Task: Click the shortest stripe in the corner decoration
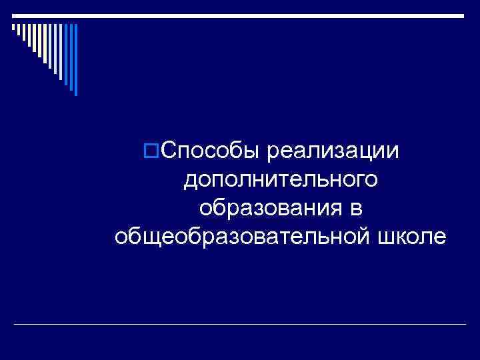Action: [13, 28]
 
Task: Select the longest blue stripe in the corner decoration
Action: [75, 59]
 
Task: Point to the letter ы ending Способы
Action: [251, 152]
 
